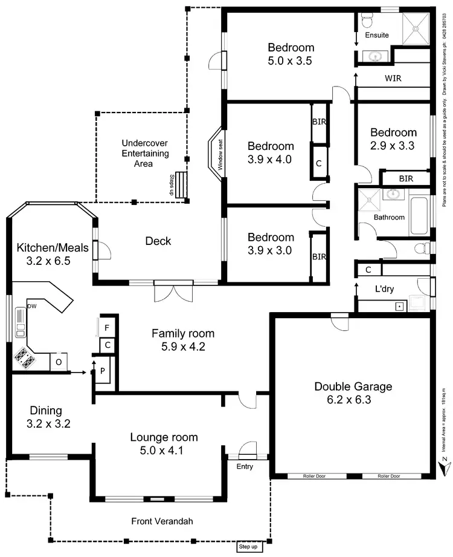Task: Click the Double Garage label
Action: [x=353, y=386]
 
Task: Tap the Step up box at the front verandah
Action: [x=248, y=547]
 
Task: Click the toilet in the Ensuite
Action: [x=367, y=21]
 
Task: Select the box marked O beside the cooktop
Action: [x=59, y=361]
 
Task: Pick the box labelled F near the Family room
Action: [x=107, y=327]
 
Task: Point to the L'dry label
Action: [x=384, y=289]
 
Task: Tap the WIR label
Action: [x=393, y=79]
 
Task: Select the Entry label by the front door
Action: [x=244, y=467]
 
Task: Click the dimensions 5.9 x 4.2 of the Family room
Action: [x=182, y=347]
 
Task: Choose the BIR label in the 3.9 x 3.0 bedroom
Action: [x=319, y=256]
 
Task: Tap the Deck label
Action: [x=158, y=241]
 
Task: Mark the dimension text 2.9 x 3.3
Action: [x=393, y=145]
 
